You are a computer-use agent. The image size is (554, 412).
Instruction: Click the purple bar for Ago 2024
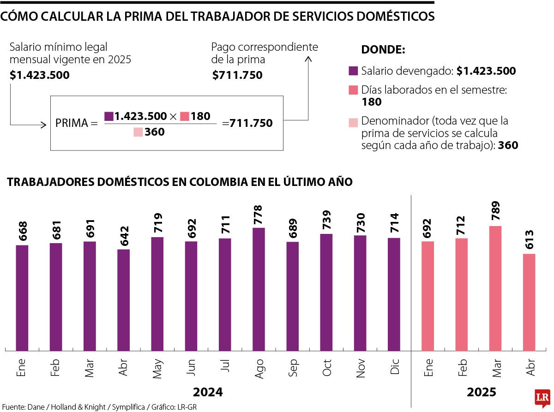click(259, 289)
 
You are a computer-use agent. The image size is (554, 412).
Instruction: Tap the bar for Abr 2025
click(529, 302)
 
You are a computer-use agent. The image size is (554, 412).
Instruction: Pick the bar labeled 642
click(123, 300)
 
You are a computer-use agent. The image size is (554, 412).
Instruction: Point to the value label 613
click(529, 240)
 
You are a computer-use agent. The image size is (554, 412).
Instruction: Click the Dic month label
click(394, 367)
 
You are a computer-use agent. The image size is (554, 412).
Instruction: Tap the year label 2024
click(208, 392)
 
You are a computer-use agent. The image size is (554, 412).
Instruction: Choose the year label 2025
click(481, 392)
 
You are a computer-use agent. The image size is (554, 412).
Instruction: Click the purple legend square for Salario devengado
click(353, 71)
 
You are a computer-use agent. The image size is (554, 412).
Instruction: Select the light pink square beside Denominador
click(353, 122)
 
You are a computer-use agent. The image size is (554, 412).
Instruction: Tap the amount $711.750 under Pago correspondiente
click(237, 75)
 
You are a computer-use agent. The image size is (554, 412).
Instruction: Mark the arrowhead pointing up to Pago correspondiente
click(308, 59)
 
